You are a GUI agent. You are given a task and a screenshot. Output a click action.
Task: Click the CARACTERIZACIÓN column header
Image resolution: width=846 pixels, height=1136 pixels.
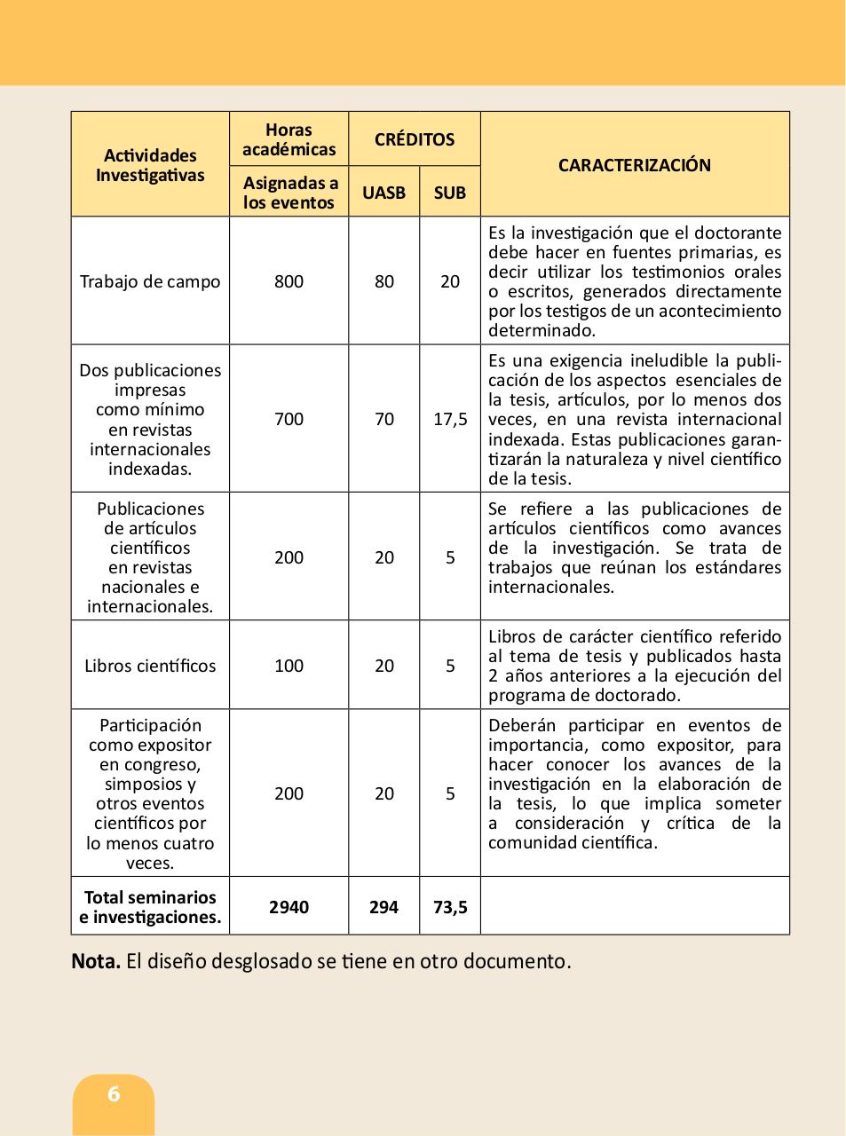pos(634,165)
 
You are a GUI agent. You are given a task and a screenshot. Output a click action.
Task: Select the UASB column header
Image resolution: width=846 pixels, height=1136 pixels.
pos(383,193)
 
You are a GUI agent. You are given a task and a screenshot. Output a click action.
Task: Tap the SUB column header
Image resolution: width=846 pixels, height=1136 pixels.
pos(450,193)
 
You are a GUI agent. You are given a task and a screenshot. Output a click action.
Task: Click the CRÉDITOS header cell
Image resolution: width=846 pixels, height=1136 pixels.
pos(414,139)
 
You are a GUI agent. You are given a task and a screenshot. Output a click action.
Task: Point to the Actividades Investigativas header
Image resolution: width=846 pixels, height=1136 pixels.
pos(150,165)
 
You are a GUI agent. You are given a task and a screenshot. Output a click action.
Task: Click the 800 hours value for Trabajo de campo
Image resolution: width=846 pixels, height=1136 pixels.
pos(289,281)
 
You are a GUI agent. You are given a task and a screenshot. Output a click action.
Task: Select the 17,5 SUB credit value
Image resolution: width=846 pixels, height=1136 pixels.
pos(450,419)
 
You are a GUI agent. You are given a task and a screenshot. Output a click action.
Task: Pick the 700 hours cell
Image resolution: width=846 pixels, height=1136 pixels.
pos(289,419)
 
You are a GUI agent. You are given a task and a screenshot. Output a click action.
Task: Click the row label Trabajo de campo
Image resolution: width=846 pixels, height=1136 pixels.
pos(150,281)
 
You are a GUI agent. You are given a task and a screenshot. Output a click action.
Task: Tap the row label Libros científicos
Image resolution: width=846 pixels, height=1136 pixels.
pos(150,666)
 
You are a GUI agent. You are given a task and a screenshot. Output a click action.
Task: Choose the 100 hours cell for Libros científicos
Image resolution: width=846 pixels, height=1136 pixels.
pos(289,666)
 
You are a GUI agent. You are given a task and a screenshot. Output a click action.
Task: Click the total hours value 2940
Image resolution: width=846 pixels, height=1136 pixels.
pos(289,907)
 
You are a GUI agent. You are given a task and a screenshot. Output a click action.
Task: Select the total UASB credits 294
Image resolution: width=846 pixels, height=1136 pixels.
pos(383,907)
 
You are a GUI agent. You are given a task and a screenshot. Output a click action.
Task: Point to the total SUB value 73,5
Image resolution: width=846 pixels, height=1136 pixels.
pos(450,907)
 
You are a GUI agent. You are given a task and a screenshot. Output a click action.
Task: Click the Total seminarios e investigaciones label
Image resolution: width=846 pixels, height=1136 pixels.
pos(150,907)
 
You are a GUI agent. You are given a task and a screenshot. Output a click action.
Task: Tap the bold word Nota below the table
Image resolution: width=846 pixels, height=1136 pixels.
pos(95,961)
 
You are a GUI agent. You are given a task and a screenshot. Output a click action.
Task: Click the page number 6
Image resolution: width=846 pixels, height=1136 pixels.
pos(114,1094)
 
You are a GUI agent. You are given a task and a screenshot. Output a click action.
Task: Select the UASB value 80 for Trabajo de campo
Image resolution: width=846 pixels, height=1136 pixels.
pos(383,281)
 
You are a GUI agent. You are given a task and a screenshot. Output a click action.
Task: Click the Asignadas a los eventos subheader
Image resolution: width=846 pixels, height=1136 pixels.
pos(289,193)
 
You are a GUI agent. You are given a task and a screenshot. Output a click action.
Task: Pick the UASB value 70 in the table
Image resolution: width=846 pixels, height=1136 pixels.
pos(383,419)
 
